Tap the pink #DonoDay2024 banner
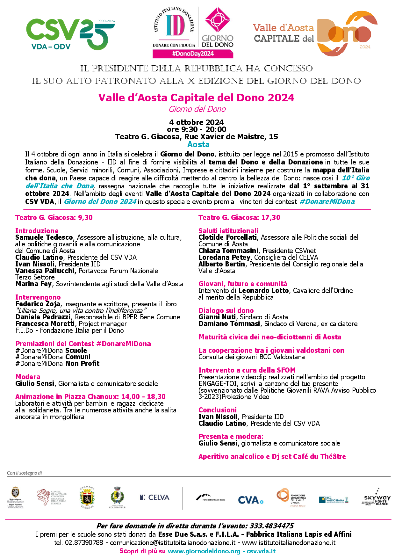point(193,54)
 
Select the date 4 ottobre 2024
point(197,122)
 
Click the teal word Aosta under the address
point(198,145)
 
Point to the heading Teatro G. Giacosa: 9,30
point(54,218)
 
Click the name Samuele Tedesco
point(44,237)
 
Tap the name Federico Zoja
point(38,304)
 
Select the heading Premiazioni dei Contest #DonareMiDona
point(83,344)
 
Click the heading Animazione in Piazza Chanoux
point(90,397)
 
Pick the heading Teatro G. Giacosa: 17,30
point(239,218)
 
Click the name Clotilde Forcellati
point(227,237)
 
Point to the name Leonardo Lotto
point(263,291)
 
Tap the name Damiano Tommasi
point(229,324)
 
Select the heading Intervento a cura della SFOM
point(247,370)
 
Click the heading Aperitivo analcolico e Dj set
point(272,457)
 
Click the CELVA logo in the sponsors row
point(155,497)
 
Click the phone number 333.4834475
point(271,526)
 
